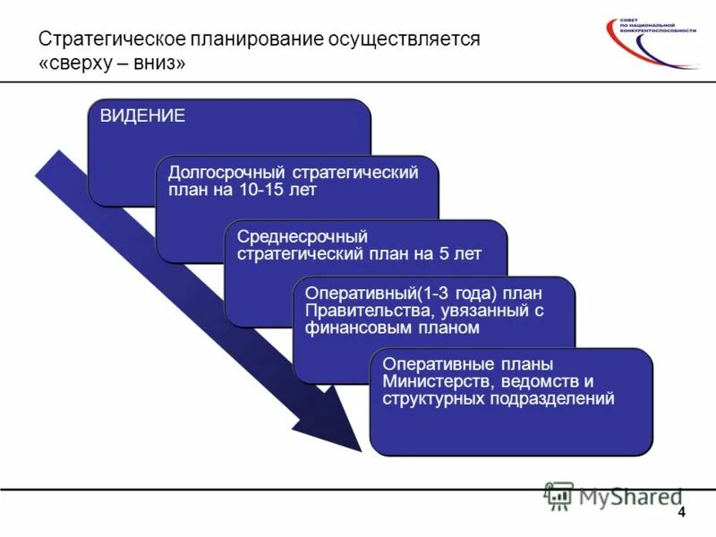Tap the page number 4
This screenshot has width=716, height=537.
pos(682,512)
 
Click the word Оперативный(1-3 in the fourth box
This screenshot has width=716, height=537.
pos(365,294)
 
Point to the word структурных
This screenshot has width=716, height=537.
pos(433,398)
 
